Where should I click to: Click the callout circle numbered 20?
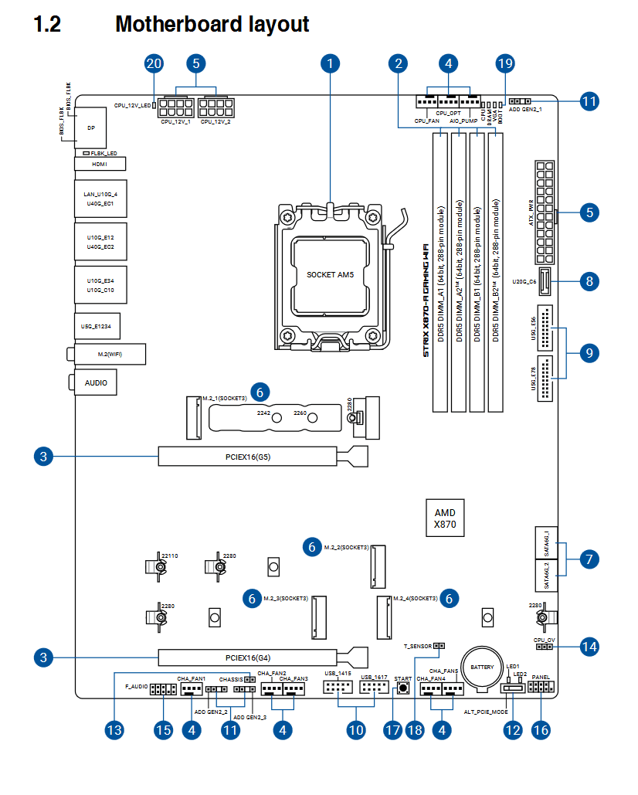pyautogui.click(x=154, y=63)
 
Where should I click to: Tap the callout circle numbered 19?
pyautogui.click(x=505, y=63)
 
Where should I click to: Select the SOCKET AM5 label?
pyautogui.click(x=330, y=274)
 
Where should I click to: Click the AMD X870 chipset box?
pyautogui.click(x=445, y=518)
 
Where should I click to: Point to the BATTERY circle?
pyautogui.click(x=483, y=667)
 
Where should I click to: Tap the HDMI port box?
pyautogui.click(x=100, y=164)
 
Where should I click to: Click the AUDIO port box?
pyautogui.click(x=97, y=382)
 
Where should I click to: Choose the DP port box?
pyautogui.click(x=90, y=127)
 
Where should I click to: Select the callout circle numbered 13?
pyautogui.click(x=114, y=729)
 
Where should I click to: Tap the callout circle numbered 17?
pyautogui.click(x=393, y=729)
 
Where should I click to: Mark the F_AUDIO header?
pyautogui.click(x=164, y=688)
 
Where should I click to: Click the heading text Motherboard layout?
pyautogui.click(x=212, y=24)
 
